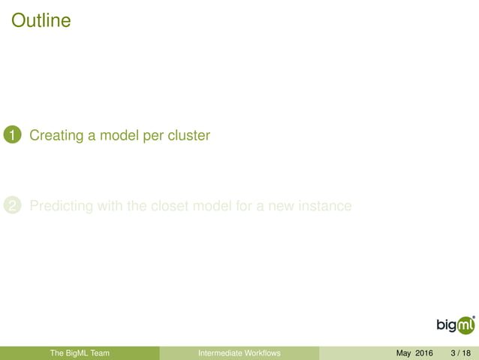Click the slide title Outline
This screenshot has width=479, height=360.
tap(41, 20)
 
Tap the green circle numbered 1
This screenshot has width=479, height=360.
tap(12, 135)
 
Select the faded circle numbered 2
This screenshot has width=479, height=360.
tap(12, 205)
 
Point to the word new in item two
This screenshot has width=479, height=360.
tap(276, 205)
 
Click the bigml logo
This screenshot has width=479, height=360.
tap(456, 325)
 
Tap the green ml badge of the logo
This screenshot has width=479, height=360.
tap(465, 325)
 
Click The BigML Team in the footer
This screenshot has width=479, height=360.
tap(80, 353)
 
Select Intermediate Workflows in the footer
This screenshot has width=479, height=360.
tap(239, 353)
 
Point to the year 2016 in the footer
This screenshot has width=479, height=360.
tap(425, 353)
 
